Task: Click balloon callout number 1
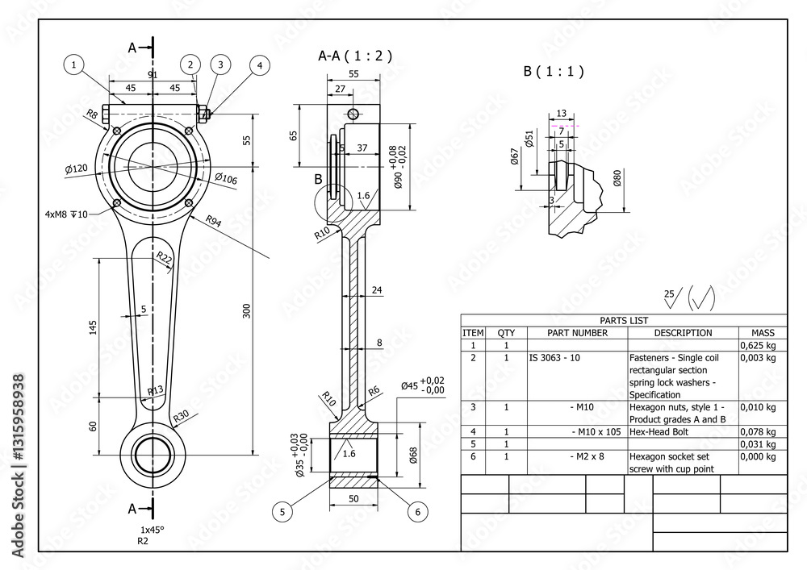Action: pos(74,64)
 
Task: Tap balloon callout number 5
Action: pos(282,510)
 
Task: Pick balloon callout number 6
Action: pos(417,510)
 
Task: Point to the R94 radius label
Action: pos(214,220)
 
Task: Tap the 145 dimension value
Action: pos(93,327)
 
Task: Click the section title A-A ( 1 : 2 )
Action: pos(355,56)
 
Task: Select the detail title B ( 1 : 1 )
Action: pos(553,71)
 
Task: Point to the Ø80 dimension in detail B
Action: pos(617,177)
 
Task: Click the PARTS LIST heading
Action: pos(623,320)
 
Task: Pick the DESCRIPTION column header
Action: pos(683,333)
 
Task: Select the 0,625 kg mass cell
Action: pos(758,345)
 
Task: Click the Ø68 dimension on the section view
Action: pos(413,456)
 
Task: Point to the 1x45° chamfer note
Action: pos(153,529)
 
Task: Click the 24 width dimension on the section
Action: pos(376,289)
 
